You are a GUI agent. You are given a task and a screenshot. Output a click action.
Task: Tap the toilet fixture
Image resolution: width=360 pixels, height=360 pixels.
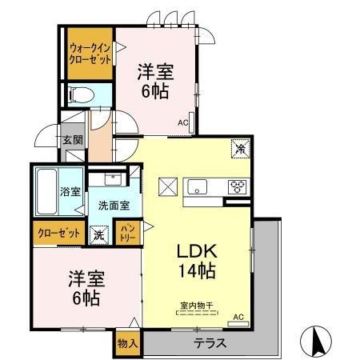pyautogui.click(x=81, y=95)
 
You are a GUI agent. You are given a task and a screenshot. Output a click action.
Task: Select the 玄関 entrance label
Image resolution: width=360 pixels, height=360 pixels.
pyautogui.click(x=72, y=140)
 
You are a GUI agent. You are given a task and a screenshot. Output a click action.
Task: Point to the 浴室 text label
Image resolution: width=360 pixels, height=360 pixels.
pyautogui.click(x=70, y=191)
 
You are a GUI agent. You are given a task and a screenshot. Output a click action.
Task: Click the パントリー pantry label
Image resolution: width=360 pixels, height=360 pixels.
pyautogui.click(x=126, y=234)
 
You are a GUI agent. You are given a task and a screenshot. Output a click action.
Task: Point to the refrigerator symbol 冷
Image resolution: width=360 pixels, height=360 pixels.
pyautogui.click(x=240, y=147)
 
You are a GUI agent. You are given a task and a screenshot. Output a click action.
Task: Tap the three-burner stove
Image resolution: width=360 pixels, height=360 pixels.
pyautogui.click(x=238, y=188)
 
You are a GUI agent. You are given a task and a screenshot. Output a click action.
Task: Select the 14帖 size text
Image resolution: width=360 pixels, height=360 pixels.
pyautogui.click(x=196, y=271)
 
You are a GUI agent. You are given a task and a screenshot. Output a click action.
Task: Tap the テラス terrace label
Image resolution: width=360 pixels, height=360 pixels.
pyautogui.click(x=210, y=343)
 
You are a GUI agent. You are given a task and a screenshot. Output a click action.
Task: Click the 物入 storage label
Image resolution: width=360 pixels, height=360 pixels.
pyautogui.click(x=127, y=343)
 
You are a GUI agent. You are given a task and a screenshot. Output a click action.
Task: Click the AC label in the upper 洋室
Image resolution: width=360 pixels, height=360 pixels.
pyautogui.click(x=182, y=123)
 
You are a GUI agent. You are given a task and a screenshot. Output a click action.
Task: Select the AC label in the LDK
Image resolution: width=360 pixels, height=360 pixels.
pyautogui.click(x=237, y=317)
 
